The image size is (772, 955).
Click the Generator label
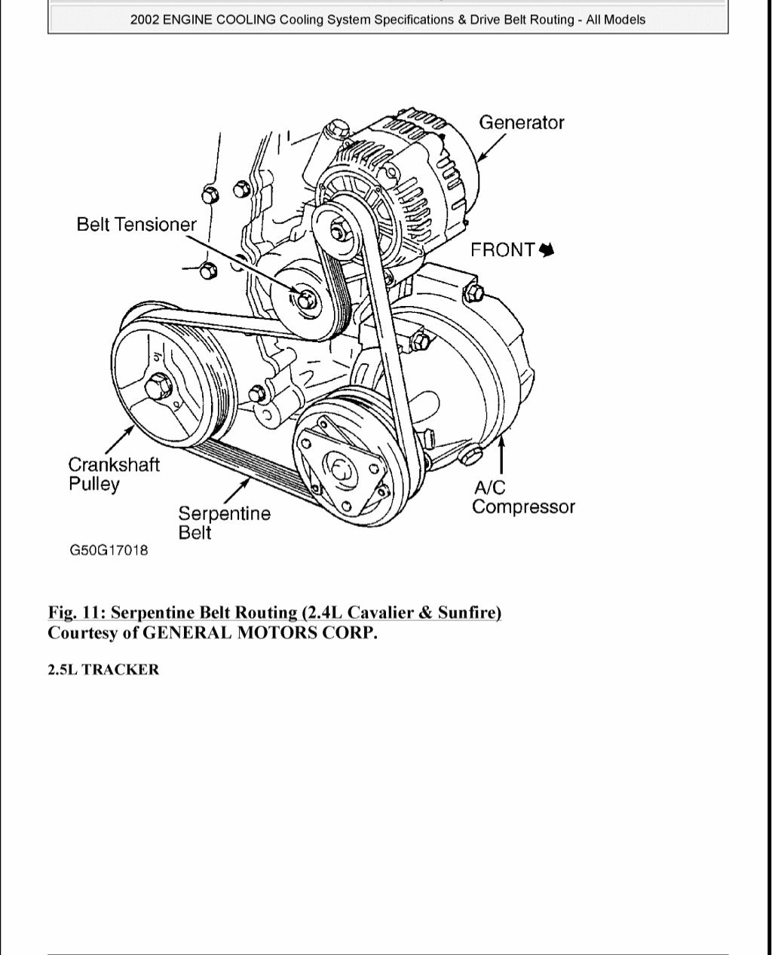click(521, 122)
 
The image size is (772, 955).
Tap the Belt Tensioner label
click(136, 224)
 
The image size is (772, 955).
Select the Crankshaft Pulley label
click(114, 474)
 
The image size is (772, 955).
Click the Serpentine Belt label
click(224, 522)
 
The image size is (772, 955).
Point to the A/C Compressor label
click(522, 497)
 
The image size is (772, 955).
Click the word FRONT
click(502, 249)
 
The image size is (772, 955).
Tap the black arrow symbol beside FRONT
click(547, 249)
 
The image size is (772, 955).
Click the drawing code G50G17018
click(109, 550)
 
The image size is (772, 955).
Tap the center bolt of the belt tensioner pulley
click(306, 299)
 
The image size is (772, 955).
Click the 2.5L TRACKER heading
click(103, 670)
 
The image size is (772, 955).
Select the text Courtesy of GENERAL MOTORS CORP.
click(212, 632)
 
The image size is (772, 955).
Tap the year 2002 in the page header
click(145, 20)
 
